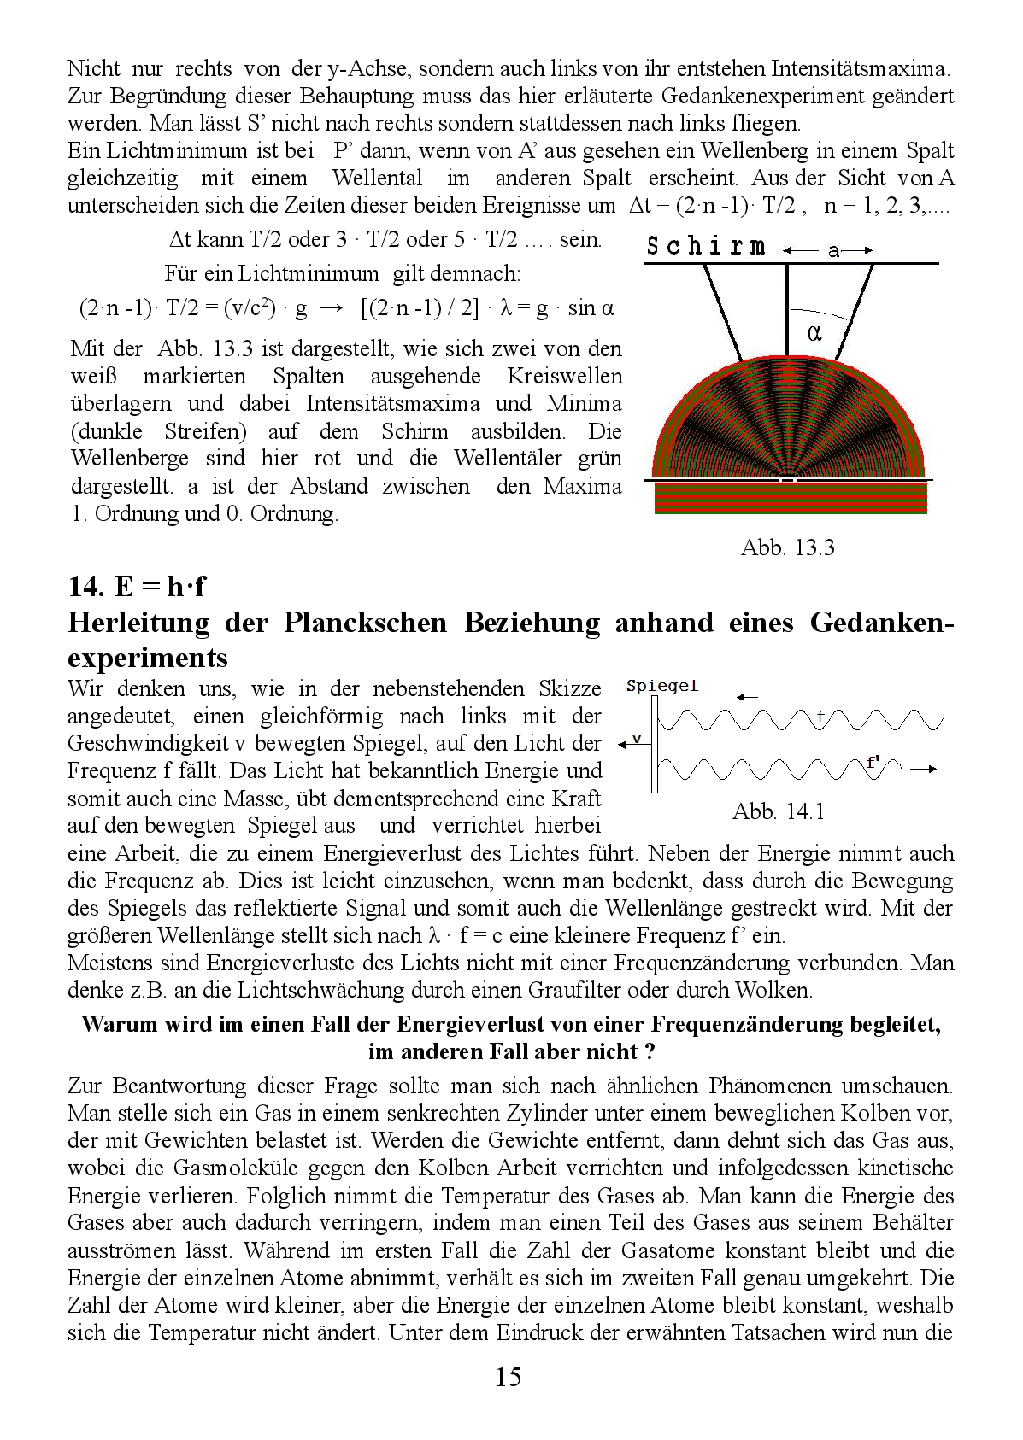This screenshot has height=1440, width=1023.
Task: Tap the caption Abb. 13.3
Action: (786, 548)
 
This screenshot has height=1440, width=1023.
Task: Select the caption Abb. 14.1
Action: (778, 811)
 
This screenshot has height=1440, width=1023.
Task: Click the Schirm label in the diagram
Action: (706, 248)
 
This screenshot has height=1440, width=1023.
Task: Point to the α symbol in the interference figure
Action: (814, 334)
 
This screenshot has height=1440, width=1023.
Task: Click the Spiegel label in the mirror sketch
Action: (661, 686)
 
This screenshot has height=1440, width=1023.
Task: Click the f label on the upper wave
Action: (820, 716)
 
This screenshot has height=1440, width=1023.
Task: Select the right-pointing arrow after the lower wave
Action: (922, 769)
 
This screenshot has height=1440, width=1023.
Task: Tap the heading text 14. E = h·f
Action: (137, 587)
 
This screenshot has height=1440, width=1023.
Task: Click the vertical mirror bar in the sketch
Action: (654, 743)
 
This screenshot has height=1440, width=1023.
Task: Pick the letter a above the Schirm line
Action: (832, 250)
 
